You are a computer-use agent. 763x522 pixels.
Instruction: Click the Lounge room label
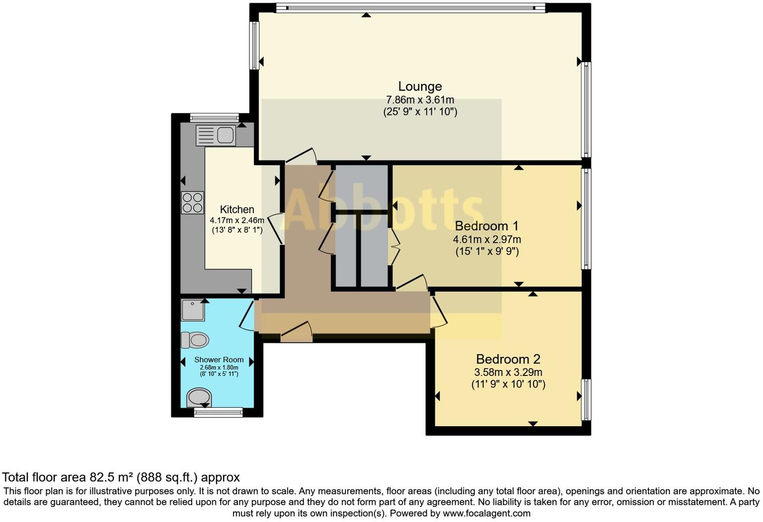click(420, 86)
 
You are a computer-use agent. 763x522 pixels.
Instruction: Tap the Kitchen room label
click(237, 209)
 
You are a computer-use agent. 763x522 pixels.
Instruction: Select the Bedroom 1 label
click(486, 226)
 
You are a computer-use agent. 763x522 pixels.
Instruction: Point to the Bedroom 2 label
click(508, 359)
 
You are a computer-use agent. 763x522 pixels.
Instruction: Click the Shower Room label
click(219, 359)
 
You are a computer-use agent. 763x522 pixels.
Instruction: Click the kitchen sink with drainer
click(216, 135)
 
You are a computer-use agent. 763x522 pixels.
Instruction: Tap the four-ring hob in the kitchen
click(193, 203)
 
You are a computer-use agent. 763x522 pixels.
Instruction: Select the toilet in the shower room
click(195, 340)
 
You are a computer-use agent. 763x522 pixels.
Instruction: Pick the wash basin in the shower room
click(199, 397)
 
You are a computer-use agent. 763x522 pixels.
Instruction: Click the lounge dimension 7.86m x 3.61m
click(420, 100)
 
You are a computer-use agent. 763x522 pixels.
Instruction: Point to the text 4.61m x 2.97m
click(486, 239)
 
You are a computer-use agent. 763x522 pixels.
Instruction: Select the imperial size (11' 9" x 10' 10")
click(508, 384)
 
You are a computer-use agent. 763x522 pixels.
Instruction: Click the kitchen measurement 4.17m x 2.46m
click(237, 220)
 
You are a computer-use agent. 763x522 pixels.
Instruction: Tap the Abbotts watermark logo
click(381, 211)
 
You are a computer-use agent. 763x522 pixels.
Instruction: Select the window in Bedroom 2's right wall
click(586, 400)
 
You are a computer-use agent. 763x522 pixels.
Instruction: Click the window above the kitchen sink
click(215, 118)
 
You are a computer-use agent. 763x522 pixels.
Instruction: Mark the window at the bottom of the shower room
click(218, 413)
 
